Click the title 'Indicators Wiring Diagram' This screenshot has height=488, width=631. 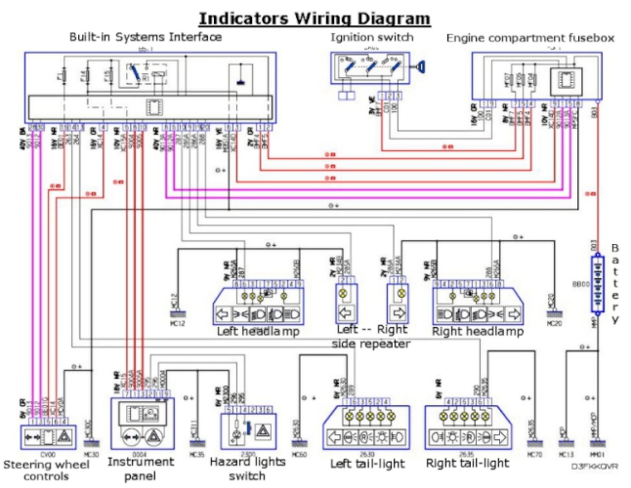(x=314, y=18)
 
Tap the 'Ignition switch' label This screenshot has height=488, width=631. (x=373, y=38)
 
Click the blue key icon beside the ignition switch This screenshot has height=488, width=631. (x=420, y=69)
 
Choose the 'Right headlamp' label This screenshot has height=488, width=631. (x=479, y=331)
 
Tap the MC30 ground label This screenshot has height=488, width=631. (x=92, y=453)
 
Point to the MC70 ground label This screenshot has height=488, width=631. (x=534, y=453)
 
